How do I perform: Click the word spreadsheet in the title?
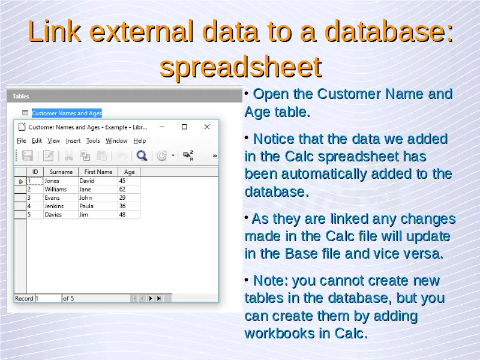point(241,67)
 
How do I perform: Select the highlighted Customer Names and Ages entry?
point(67,113)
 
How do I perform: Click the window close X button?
point(207,127)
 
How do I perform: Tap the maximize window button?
point(184,127)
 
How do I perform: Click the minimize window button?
point(162,127)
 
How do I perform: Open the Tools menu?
point(93,141)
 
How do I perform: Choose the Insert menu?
point(73,141)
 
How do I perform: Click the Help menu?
point(140,141)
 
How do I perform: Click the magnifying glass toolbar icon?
point(142,155)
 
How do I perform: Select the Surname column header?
point(61,172)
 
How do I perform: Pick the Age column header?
point(129,172)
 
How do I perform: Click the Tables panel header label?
point(21,97)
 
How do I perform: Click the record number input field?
point(49,298)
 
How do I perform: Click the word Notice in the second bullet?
point(274,139)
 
